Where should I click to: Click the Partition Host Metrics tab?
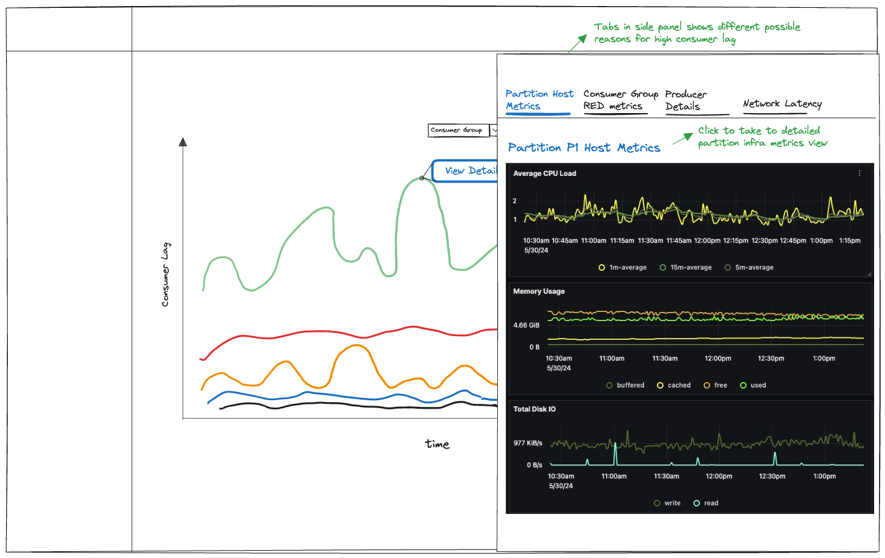coord(538,100)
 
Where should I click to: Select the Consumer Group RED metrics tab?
coord(620,100)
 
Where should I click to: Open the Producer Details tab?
coord(686,100)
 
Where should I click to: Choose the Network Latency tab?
coord(782,104)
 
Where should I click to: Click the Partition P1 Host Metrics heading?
coord(584,148)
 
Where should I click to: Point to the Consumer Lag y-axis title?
coord(165,274)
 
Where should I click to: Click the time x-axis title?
coord(437,444)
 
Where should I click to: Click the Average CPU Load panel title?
coord(544,174)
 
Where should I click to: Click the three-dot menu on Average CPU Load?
coord(859,174)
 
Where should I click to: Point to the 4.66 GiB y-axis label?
coord(526,325)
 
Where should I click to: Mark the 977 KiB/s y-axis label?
coord(527,443)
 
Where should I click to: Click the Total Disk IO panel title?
coord(534,409)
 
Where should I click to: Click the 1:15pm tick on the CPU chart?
coord(849,241)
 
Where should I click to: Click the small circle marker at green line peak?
coord(422,178)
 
